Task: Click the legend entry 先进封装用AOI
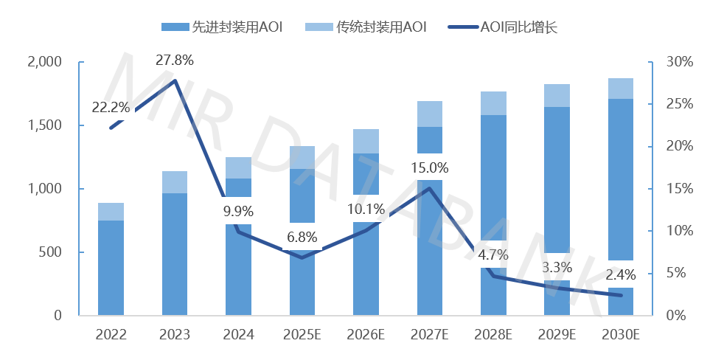221,27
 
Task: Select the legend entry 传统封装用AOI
366,27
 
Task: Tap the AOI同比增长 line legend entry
509,27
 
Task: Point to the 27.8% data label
175,60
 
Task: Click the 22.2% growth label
111,108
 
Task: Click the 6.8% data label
303,238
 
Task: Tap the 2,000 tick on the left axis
46,62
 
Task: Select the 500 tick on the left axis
57,252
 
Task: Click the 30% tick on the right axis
678,62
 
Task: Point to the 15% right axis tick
678,189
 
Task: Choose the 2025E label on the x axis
303,335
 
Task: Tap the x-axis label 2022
111,335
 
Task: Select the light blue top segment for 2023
175,182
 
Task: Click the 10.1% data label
367,210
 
